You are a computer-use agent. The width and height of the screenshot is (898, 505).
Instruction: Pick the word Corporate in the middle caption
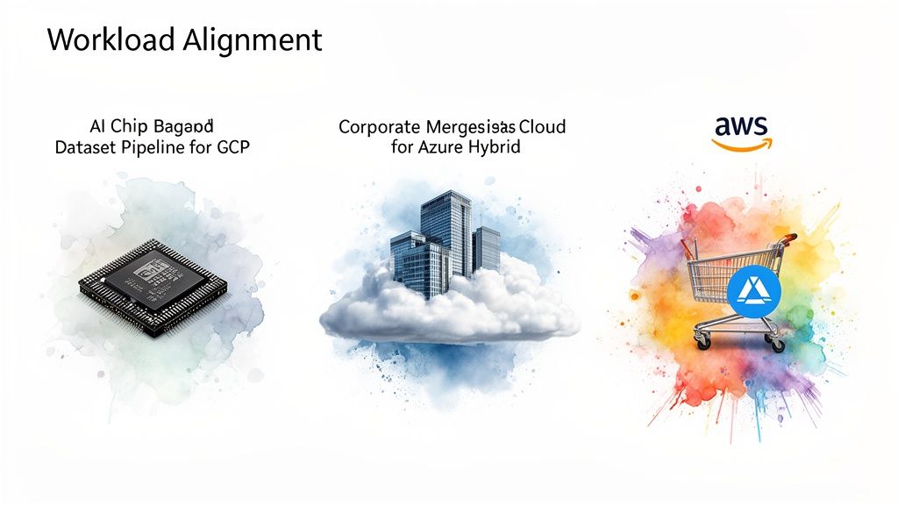click(x=378, y=126)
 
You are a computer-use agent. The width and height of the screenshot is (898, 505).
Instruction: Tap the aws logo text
click(x=742, y=125)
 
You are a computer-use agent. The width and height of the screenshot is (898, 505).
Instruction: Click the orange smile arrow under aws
click(x=742, y=145)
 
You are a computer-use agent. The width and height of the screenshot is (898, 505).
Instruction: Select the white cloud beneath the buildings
click(x=448, y=311)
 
